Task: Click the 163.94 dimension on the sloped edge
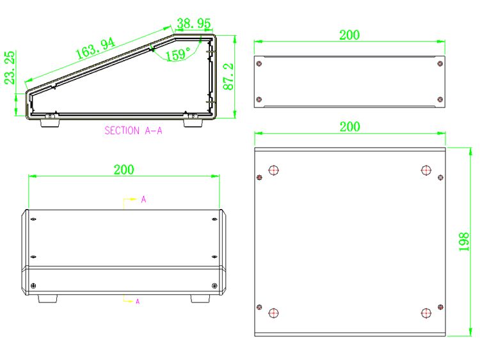(95, 49)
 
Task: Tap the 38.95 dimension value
(194, 23)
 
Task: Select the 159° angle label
(178, 54)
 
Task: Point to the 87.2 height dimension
(228, 77)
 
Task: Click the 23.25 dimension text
(10, 68)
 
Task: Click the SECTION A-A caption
(134, 130)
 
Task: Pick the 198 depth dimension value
(464, 242)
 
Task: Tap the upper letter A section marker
(143, 200)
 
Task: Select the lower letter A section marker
(138, 302)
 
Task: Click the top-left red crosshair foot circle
(273, 170)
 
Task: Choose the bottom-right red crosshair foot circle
(426, 313)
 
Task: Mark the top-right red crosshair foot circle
(426, 170)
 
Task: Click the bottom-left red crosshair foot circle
(273, 313)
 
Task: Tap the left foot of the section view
(49, 123)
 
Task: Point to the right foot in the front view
(200, 299)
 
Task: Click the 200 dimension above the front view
(124, 169)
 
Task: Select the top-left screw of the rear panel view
(259, 63)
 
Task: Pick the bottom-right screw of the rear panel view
(440, 99)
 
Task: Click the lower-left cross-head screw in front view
(33, 286)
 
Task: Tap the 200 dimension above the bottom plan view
(350, 127)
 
